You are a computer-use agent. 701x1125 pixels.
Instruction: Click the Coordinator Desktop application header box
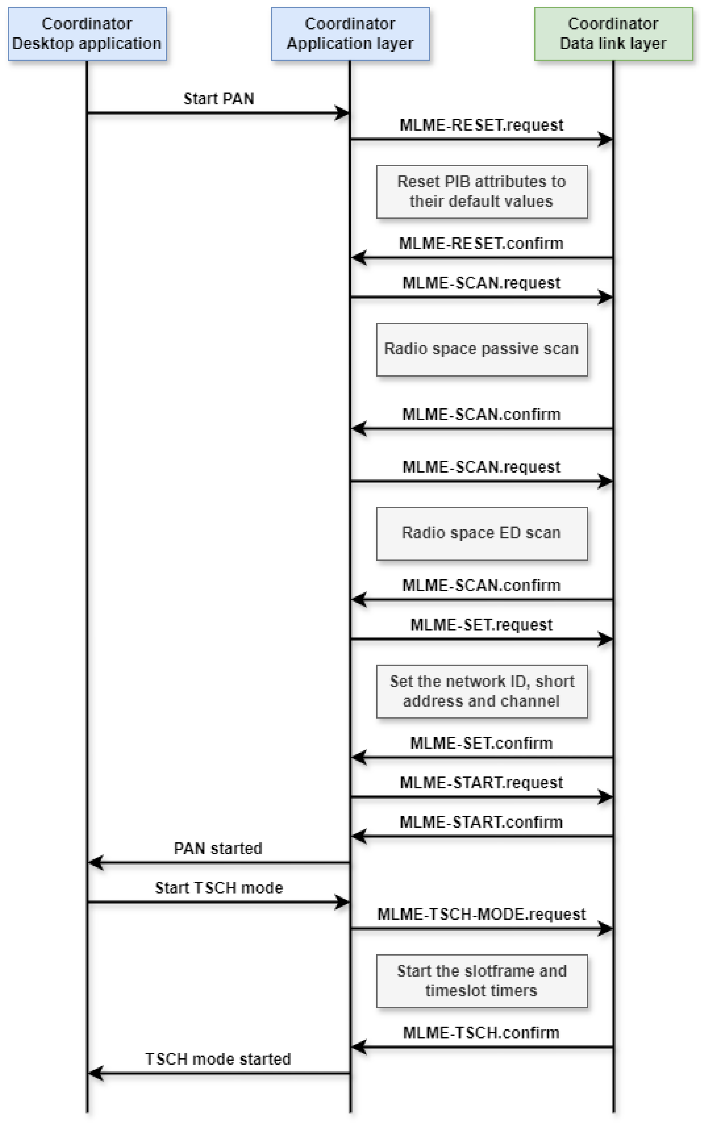click(x=87, y=34)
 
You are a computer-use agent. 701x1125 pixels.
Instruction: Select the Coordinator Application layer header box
click(x=350, y=34)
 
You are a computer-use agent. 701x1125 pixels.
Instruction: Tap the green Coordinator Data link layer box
click(x=613, y=34)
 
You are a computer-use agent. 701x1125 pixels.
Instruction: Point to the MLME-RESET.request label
click(x=481, y=125)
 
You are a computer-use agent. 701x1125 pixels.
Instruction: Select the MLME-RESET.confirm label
click(x=481, y=243)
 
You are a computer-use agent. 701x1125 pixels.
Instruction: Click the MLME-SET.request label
click(x=481, y=625)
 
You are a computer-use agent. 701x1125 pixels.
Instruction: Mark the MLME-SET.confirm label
click(x=481, y=743)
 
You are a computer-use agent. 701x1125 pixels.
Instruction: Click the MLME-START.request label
click(x=481, y=783)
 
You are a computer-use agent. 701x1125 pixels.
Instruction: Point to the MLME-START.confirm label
click(x=481, y=822)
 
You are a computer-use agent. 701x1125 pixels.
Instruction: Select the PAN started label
click(x=218, y=848)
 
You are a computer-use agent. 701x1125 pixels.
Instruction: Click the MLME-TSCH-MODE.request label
click(x=481, y=914)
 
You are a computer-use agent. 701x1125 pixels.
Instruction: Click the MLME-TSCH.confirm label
click(x=481, y=1033)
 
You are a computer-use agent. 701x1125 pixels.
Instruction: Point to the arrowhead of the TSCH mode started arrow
click(x=95, y=1073)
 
